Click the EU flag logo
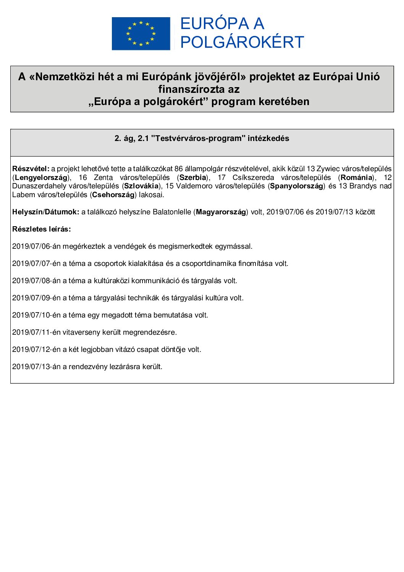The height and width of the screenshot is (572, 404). point(141,34)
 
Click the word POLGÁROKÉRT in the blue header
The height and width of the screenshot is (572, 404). point(242,42)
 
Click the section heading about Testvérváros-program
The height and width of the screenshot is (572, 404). point(202,138)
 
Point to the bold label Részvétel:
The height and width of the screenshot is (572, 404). point(31,169)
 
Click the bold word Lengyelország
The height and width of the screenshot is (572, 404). point(41,177)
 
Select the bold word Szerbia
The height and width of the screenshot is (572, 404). point(193,177)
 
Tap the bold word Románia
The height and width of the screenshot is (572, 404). point(356,177)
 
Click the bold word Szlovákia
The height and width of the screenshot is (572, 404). point(141,186)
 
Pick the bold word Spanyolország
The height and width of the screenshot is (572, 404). point(297,186)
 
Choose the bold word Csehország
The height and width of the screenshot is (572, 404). point(113,195)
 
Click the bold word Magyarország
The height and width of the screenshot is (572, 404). point(221,212)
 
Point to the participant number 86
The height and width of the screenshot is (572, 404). point(178,169)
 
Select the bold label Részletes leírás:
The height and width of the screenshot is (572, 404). point(41,229)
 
